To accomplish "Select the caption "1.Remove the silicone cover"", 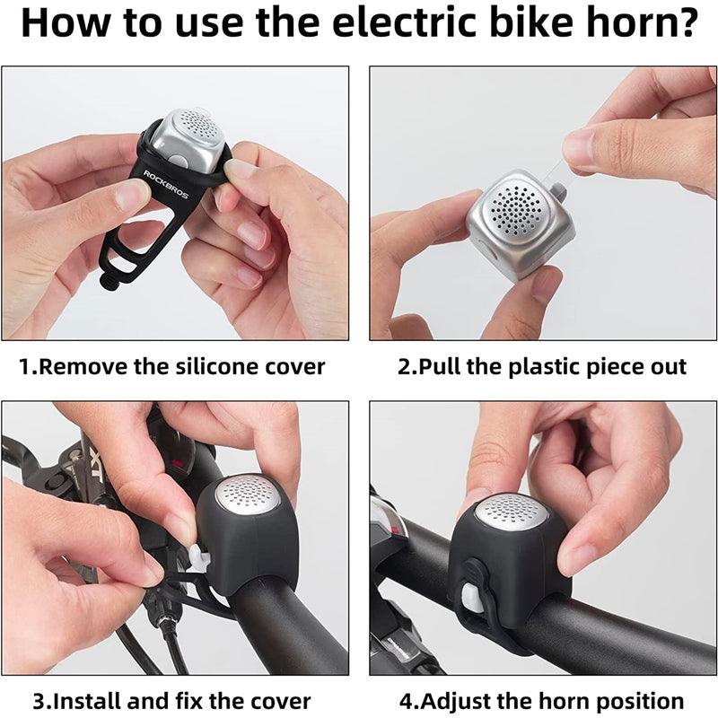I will click(172, 366).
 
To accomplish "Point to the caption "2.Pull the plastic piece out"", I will click(541, 366).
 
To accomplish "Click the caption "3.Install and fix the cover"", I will click(172, 700).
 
